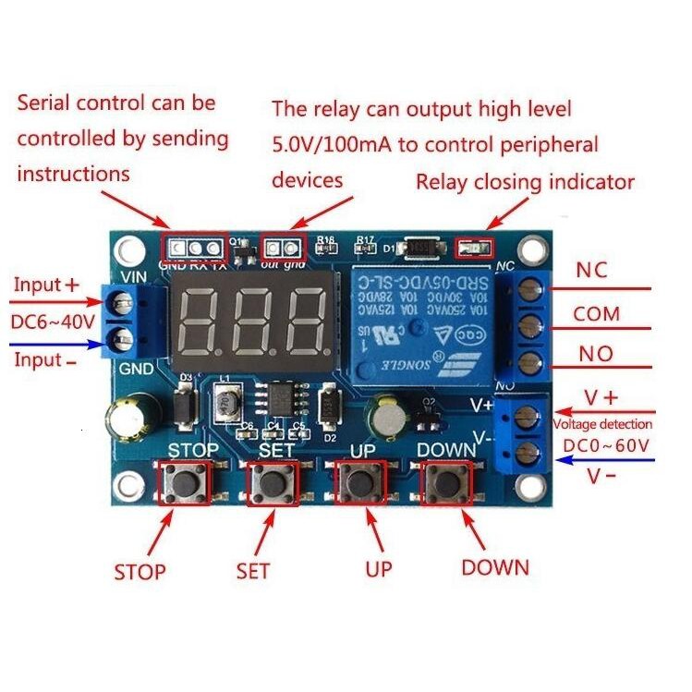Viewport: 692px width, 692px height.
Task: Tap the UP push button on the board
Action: (358, 482)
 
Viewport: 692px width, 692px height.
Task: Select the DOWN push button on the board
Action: (445, 482)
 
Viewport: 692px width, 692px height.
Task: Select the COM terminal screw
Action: (527, 323)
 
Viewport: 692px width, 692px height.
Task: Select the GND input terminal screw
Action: (120, 335)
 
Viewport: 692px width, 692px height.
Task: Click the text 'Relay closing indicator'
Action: (525, 181)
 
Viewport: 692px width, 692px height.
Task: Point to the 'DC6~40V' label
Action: (51, 322)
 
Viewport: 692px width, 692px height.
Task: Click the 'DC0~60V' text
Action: (606, 446)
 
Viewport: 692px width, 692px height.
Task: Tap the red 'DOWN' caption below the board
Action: (495, 567)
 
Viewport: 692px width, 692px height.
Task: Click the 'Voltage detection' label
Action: (601, 424)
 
